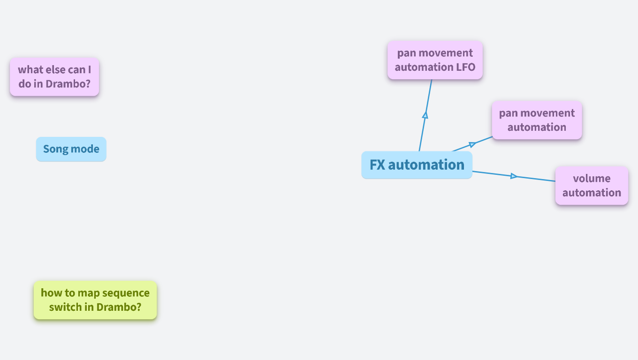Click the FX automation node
[x=417, y=165]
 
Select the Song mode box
[x=71, y=149]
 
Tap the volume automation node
[x=592, y=186]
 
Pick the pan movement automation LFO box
[x=435, y=60]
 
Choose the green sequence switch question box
[x=95, y=300]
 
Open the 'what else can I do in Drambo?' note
[x=54, y=77]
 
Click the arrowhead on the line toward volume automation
[x=514, y=176]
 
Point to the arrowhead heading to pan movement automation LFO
[x=425, y=114]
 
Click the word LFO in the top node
[x=465, y=67]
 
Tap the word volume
[x=592, y=179]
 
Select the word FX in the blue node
[x=377, y=165]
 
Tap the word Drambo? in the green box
[x=119, y=307]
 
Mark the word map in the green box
[x=89, y=293]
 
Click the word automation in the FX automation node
[x=426, y=165]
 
